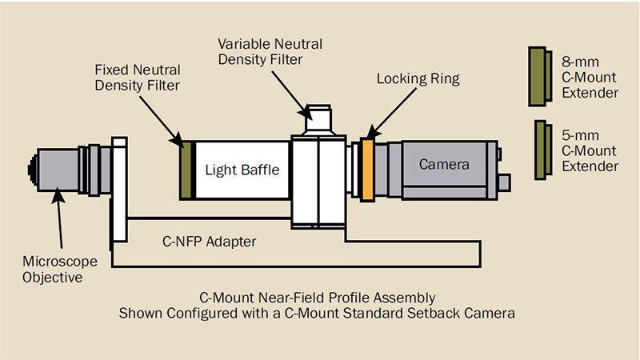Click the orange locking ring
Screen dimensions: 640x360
[367, 170]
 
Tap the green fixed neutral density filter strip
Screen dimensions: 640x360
[186, 170]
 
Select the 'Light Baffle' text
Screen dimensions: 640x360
[242, 170]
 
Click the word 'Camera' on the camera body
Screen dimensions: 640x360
[444, 164]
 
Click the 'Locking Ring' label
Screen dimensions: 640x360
[418, 78]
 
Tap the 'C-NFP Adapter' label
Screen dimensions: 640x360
[209, 242]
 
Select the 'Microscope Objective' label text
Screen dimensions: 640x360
[59, 269]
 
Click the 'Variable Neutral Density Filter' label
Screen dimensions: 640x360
[270, 51]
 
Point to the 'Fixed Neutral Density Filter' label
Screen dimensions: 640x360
[137, 78]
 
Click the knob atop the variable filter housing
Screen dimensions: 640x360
[318, 117]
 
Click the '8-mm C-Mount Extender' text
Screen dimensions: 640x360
[590, 78]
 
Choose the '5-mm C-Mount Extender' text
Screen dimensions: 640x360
[590, 150]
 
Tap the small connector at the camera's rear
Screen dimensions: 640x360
[504, 182]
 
